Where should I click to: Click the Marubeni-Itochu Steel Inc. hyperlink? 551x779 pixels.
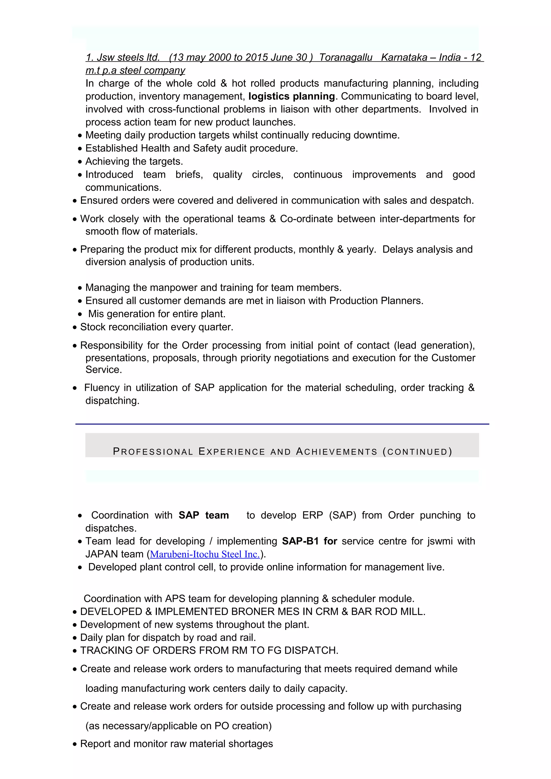click(205, 554)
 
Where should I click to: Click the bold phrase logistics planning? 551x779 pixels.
click(292, 96)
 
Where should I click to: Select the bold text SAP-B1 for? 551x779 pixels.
click(309, 541)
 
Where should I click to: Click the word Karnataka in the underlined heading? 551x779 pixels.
click(404, 57)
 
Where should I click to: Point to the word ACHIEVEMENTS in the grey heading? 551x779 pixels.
click(337, 452)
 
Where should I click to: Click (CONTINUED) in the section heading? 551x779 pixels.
click(418, 452)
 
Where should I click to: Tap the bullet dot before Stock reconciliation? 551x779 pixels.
click(75, 327)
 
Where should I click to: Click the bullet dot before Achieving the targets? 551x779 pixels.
click(80, 162)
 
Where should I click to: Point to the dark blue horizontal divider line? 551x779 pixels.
click(282, 424)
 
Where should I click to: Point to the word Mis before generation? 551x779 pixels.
click(96, 314)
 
